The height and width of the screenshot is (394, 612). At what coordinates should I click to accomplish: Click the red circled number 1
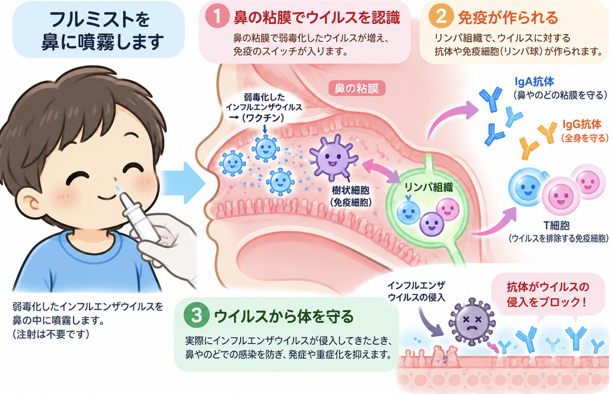217,17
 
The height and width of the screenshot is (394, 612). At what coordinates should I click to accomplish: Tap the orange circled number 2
440,17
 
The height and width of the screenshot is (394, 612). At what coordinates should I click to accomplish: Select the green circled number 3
197,315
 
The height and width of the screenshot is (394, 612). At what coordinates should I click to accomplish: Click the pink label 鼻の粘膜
356,89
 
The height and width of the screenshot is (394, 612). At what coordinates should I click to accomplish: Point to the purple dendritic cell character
332,157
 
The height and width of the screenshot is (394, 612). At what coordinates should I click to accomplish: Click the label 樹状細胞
350,190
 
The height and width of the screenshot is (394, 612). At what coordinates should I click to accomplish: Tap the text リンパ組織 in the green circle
428,188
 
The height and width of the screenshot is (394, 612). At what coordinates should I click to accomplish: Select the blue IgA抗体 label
535,82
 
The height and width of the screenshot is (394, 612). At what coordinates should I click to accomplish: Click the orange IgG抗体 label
582,124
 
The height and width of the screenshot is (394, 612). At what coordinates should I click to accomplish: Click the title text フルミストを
100,19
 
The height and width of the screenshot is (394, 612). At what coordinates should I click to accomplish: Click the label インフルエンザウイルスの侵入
416,291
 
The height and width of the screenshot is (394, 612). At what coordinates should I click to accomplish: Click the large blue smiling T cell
527,187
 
